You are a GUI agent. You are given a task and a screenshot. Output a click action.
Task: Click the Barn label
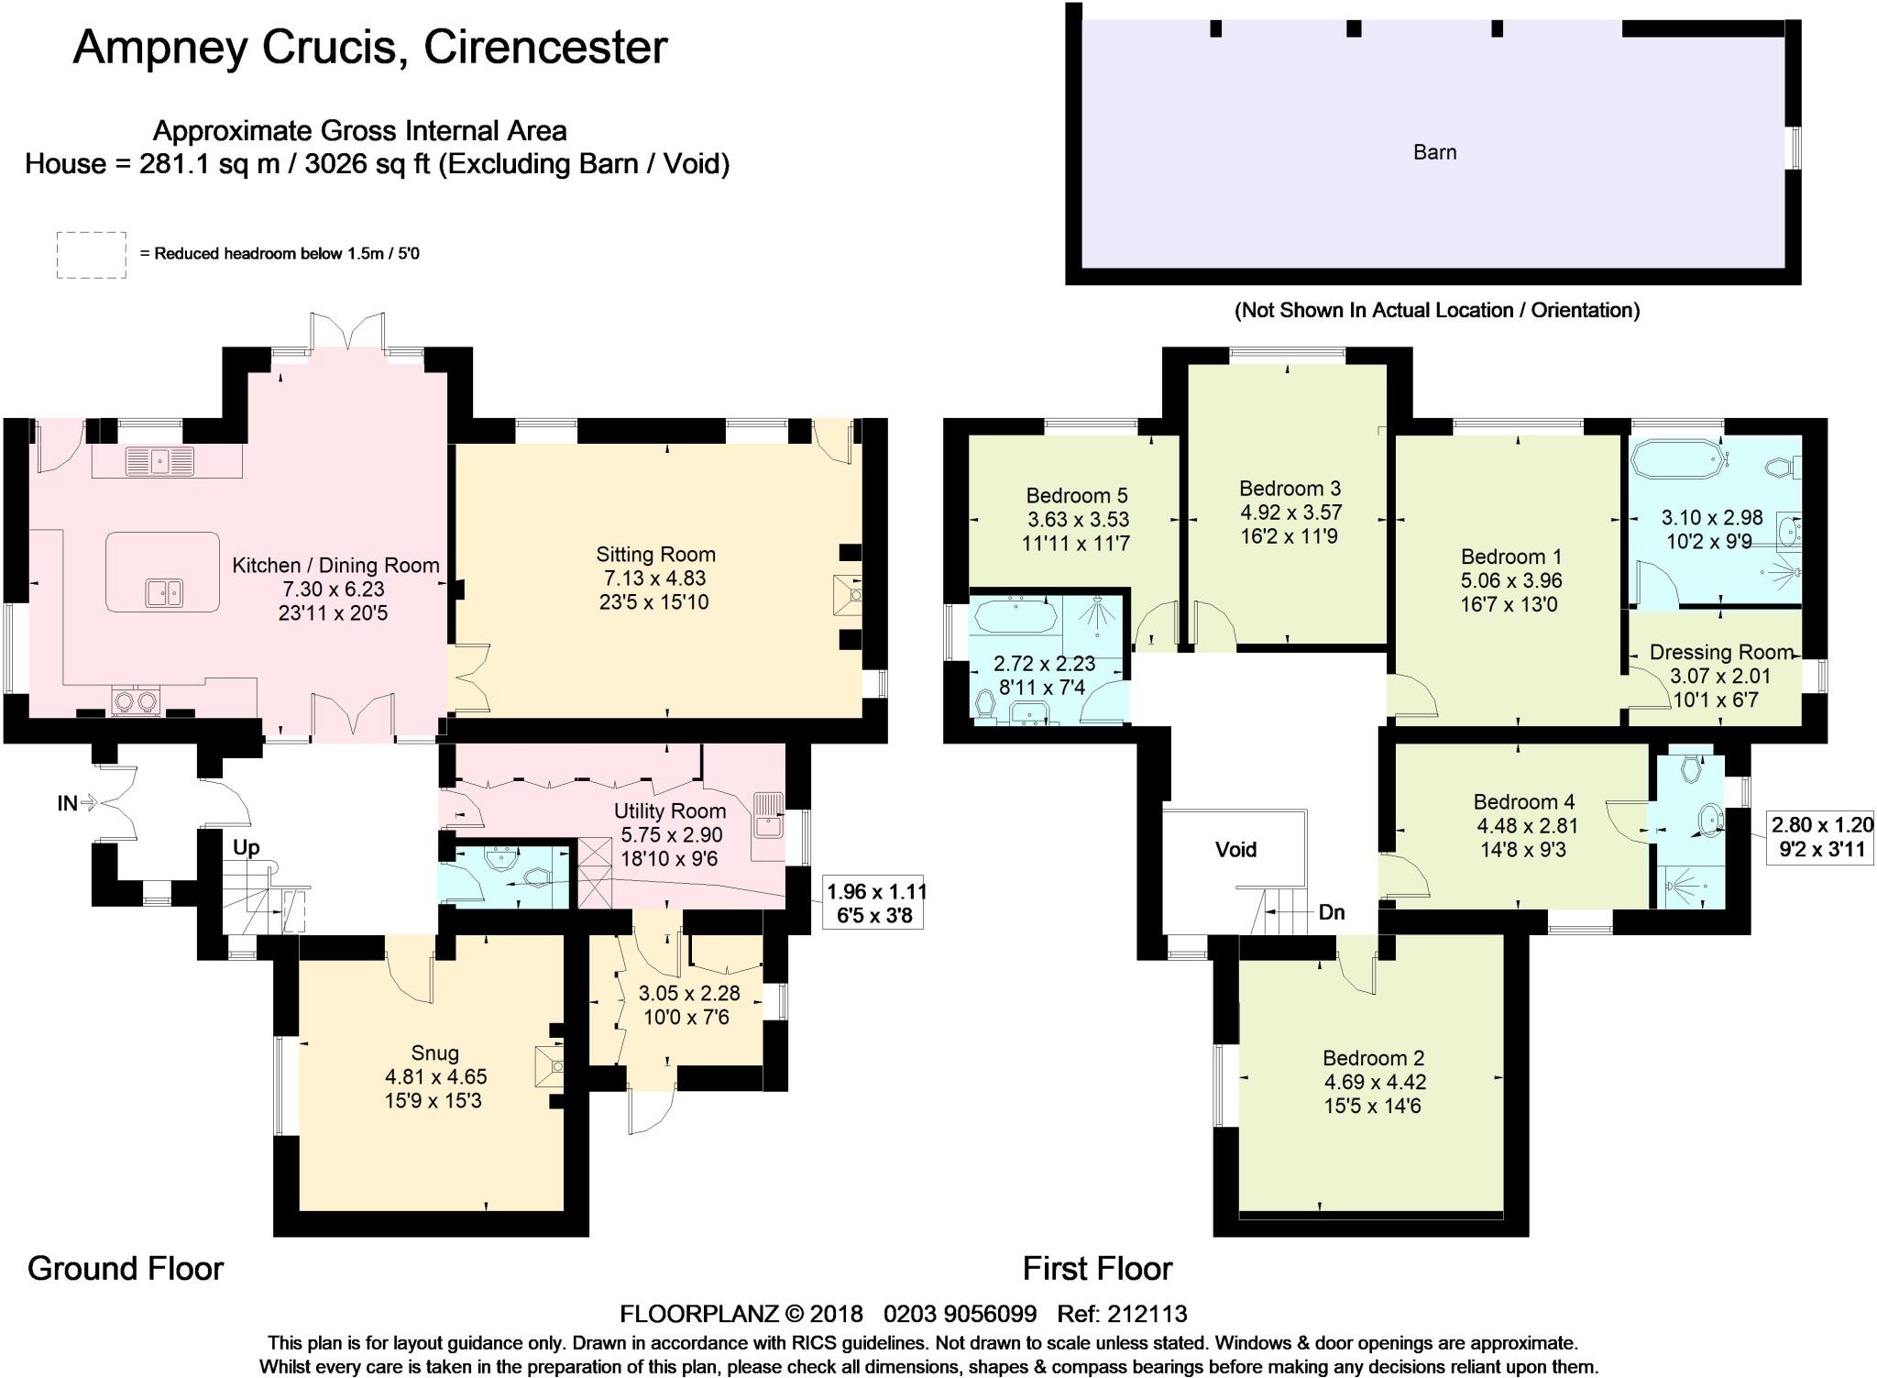coord(1434,152)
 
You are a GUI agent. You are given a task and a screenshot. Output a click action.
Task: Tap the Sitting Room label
coord(655,554)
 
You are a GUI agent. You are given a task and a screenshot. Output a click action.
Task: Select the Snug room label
coord(434,1053)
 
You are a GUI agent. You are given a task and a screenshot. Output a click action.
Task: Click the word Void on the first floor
coord(1235,849)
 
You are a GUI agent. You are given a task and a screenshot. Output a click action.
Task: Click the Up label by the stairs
coord(246,847)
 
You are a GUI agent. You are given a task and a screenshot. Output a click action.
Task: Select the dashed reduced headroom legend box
coord(92,255)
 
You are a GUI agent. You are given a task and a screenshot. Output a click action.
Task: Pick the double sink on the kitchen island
coord(164,592)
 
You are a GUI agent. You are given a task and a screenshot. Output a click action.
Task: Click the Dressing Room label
coord(1721,652)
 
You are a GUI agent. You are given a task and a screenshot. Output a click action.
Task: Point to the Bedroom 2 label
coord(1373,1057)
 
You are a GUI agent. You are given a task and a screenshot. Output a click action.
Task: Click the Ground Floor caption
coord(126,1268)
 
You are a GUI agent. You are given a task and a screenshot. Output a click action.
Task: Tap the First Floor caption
coord(1097,1268)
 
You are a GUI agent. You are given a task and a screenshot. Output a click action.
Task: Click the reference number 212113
coord(1147,1314)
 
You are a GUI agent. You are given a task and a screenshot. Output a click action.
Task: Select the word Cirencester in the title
coord(545,47)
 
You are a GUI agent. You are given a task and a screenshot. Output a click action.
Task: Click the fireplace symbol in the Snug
coord(550,1066)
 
